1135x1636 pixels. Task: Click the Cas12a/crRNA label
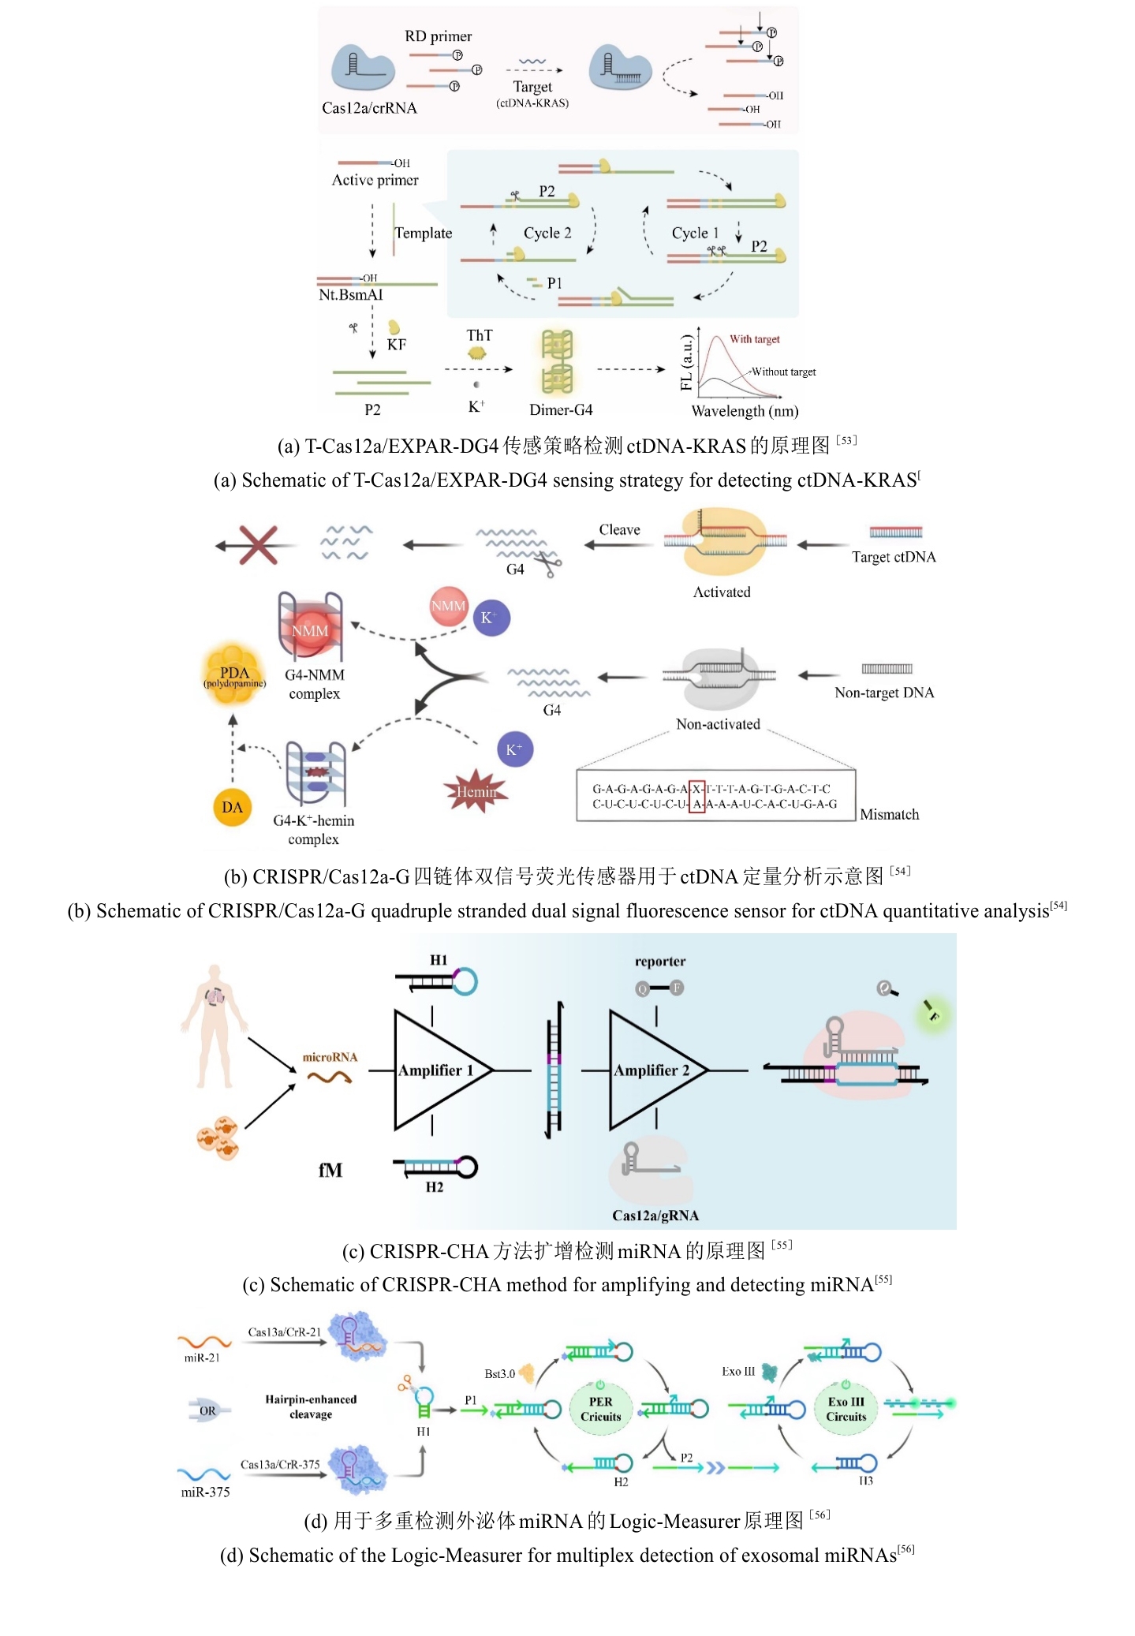pyautogui.click(x=369, y=108)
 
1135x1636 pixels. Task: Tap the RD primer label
pyautogui.click(x=438, y=36)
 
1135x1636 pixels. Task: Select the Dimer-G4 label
pyautogui.click(x=561, y=409)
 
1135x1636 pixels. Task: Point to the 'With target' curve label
pyautogui.click(x=754, y=339)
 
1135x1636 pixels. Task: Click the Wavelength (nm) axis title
pyautogui.click(x=745, y=411)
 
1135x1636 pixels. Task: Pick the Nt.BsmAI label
pyautogui.click(x=350, y=295)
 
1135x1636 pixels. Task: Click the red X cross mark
pyautogui.click(x=258, y=544)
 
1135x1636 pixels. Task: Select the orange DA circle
pyautogui.click(x=232, y=807)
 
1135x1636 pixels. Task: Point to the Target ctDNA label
pyautogui.click(x=894, y=557)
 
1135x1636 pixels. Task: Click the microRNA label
pyautogui.click(x=330, y=1057)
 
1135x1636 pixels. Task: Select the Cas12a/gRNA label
pyautogui.click(x=655, y=1216)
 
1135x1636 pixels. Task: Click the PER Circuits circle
pyautogui.click(x=600, y=1409)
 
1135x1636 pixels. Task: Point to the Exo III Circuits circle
pyautogui.click(x=846, y=1409)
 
